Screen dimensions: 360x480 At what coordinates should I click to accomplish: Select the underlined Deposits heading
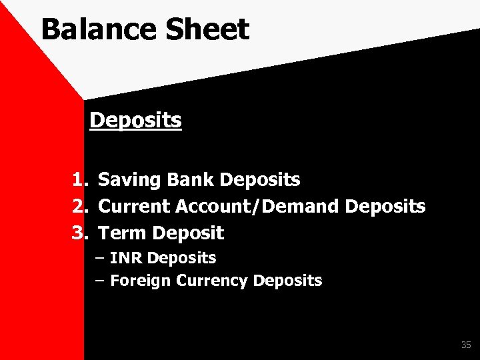[135, 121]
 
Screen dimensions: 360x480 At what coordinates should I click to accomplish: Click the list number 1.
[80, 180]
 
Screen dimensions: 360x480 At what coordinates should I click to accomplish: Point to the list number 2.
[80, 207]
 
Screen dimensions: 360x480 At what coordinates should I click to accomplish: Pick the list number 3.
[80, 233]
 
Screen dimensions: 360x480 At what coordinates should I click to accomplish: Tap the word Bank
[191, 180]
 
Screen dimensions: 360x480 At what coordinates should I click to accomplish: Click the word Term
[123, 233]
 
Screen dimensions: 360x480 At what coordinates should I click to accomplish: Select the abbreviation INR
[126, 257]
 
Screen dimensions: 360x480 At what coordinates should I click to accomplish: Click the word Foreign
[141, 281]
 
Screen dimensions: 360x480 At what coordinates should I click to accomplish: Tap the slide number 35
[465, 345]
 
